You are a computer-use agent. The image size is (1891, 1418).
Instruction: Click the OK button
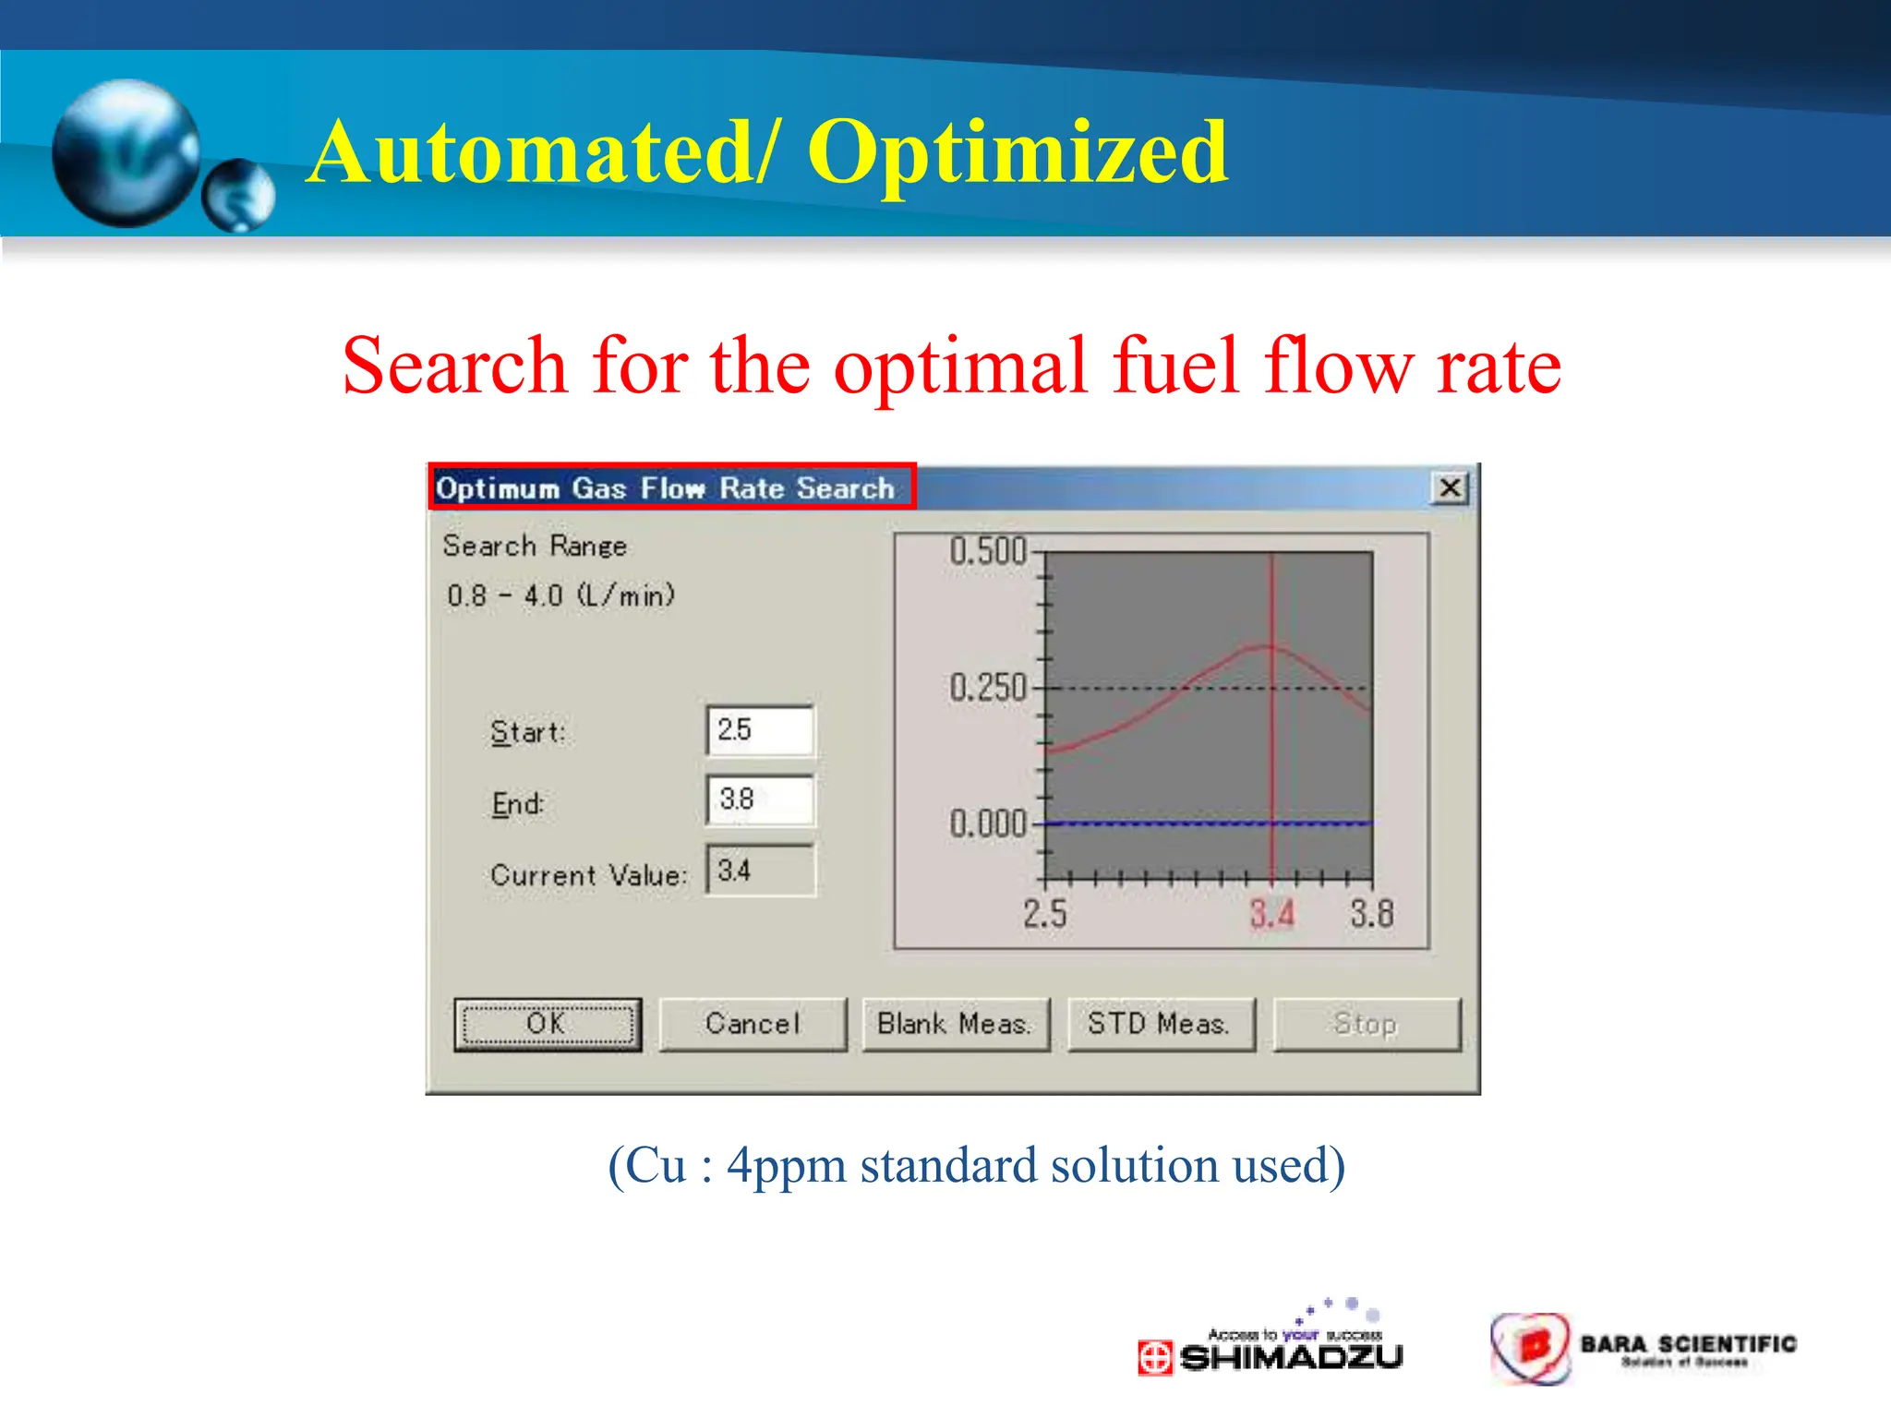coord(548,1024)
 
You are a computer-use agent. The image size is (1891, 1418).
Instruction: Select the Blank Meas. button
coord(956,1024)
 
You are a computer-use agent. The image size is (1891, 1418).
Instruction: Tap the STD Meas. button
coord(1161,1024)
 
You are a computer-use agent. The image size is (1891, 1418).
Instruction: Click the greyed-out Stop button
coord(1366,1024)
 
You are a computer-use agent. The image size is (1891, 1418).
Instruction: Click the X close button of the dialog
coord(1450,487)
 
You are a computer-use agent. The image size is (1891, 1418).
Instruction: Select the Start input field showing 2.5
coord(760,730)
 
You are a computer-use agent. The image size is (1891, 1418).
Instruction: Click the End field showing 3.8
coord(760,799)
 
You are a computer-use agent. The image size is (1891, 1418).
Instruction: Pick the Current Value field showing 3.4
coord(760,871)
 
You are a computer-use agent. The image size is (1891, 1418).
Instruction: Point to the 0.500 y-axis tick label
coord(988,551)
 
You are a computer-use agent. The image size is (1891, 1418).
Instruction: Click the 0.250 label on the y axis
coord(988,688)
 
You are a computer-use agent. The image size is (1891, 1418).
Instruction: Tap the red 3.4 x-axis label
coord(1271,914)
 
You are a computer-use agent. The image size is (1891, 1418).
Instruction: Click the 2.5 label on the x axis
coord(1044,914)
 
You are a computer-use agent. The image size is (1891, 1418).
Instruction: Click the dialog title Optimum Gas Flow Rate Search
coord(665,487)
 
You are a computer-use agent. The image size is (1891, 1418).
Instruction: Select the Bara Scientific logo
coord(1644,1349)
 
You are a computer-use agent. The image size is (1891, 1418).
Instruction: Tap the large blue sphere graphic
coord(126,152)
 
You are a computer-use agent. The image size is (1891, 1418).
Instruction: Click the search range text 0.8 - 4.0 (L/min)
coord(560,595)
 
